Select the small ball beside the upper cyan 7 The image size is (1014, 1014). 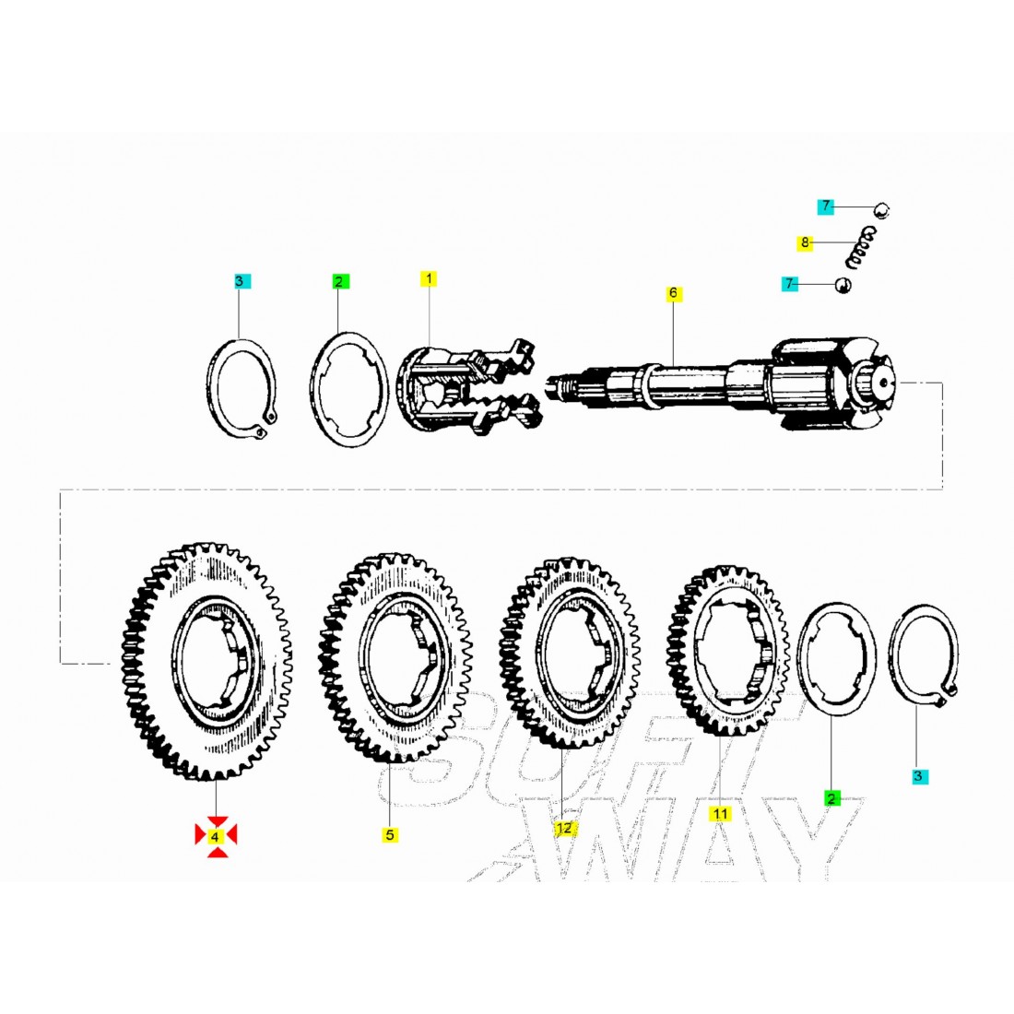(881, 209)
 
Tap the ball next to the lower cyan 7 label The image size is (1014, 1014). (843, 285)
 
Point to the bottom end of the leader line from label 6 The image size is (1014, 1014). (673, 366)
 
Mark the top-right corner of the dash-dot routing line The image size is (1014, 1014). (942, 383)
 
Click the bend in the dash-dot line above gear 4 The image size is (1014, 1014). (60, 489)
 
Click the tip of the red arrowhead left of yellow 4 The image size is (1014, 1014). (206, 836)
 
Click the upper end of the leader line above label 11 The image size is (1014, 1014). (720, 733)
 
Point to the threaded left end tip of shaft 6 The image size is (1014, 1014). (547, 386)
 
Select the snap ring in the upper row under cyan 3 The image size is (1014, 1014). (243, 387)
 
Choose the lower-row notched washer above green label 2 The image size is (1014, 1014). (836, 658)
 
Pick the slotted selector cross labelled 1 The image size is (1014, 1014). (468, 387)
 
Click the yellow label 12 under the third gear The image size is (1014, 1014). (563, 828)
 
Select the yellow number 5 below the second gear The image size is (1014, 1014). (389, 835)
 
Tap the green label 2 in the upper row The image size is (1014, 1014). (340, 282)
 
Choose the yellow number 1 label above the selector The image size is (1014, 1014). (428, 278)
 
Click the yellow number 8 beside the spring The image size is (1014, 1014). (805, 242)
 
